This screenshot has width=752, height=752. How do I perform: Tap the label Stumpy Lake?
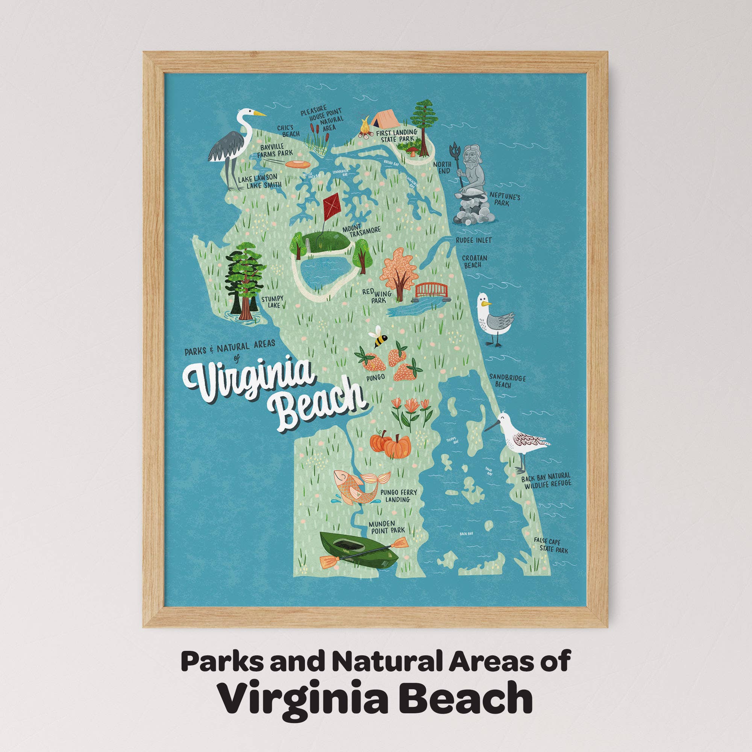[272, 302]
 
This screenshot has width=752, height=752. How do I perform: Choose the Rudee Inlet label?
[474, 240]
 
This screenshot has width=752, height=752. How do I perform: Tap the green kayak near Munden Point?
[358, 549]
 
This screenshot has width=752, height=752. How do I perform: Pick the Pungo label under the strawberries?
[375, 377]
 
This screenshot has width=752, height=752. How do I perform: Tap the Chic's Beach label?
[288, 131]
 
